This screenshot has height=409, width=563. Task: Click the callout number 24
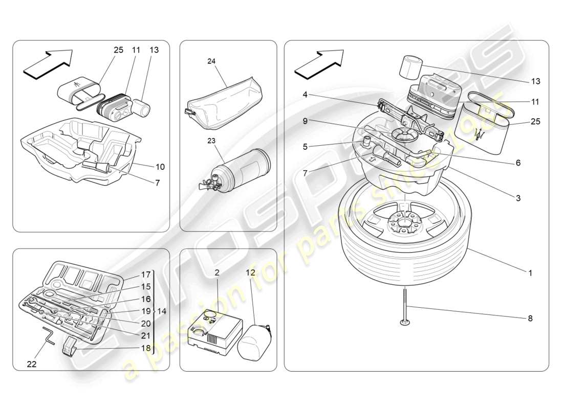pyautogui.click(x=211, y=61)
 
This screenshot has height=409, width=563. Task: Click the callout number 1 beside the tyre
pyautogui.click(x=530, y=273)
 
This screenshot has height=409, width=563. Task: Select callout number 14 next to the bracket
pyautogui.click(x=162, y=311)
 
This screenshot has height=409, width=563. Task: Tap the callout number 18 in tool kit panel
pyautogui.click(x=146, y=348)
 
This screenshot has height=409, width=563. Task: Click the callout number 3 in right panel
pyautogui.click(x=518, y=198)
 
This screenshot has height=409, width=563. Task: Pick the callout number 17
pyautogui.click(x=146, y=274)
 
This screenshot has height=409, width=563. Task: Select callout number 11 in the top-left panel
pyautogui.click(x=136, y=50)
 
